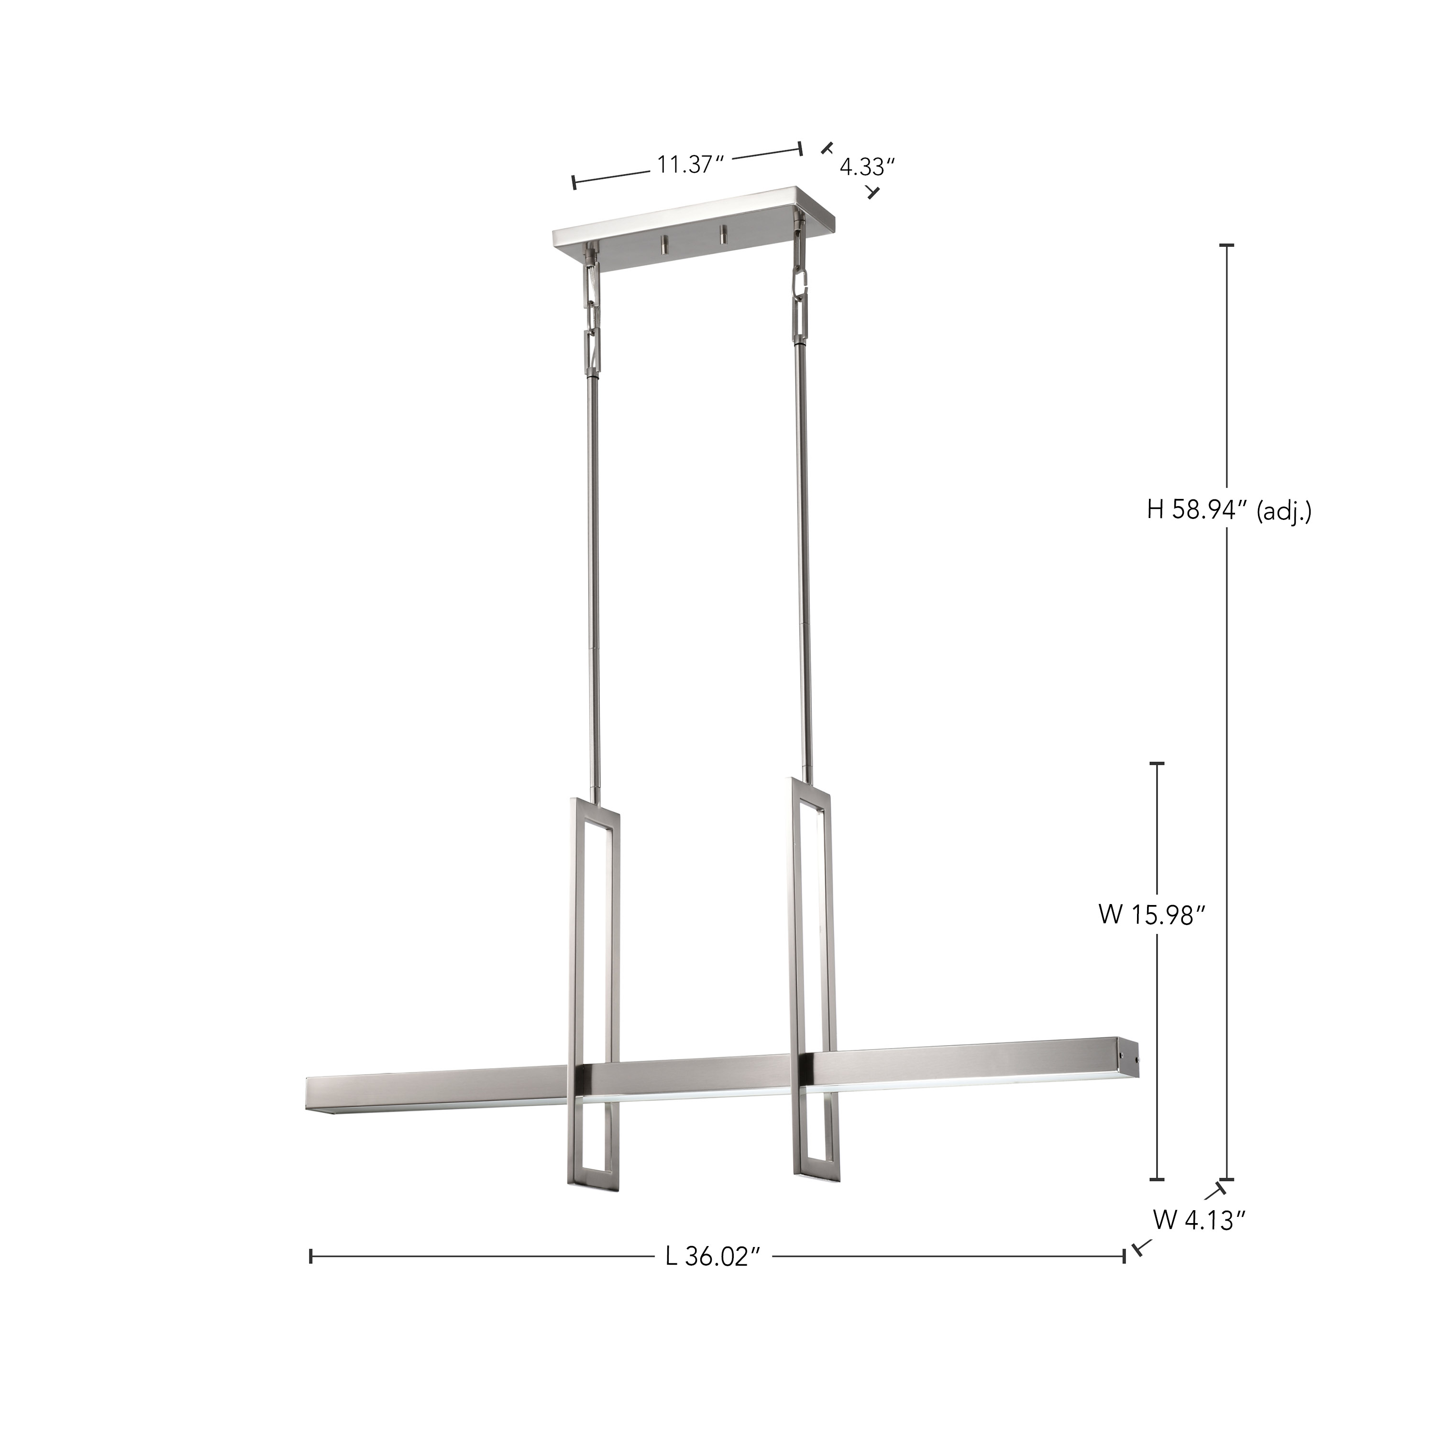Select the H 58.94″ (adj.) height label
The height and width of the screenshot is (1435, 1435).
(1229, 510)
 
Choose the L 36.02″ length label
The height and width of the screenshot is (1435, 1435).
(714, 1257)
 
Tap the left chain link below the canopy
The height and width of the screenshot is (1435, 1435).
(592, 305)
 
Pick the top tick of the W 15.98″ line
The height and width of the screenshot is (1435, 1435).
(1157, 763)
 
